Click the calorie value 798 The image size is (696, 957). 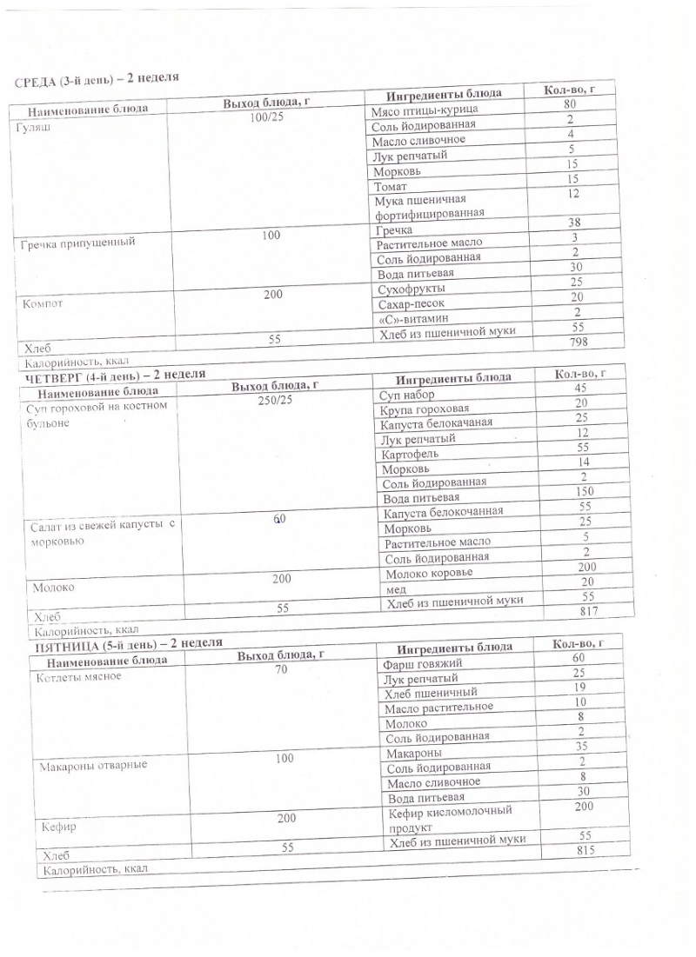[x=572, y=343]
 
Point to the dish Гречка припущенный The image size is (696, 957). [x=78, y=243]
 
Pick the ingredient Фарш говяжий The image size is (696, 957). [x=422, y=665]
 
